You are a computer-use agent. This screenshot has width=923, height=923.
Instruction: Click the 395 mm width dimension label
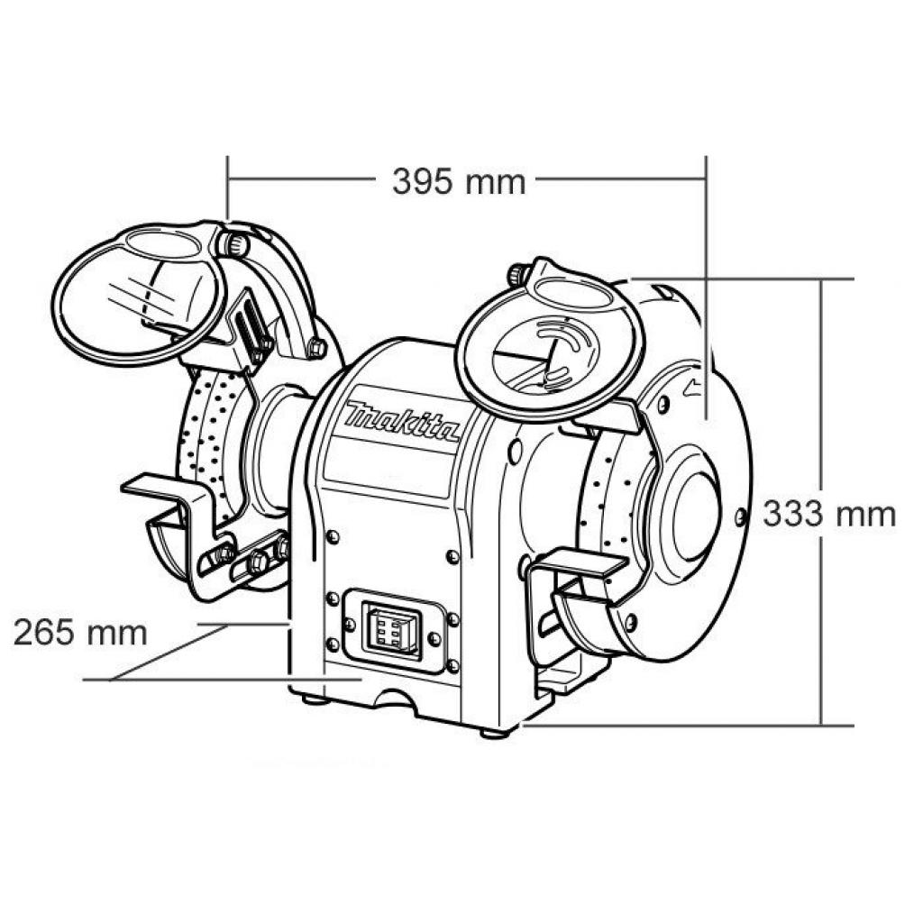(x=459, y=182)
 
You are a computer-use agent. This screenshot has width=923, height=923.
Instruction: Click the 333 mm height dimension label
(x=829, y=514)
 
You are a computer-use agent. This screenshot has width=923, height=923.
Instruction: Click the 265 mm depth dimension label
(x=80, y=632)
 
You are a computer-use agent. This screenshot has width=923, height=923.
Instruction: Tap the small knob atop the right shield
(x=519, y=272)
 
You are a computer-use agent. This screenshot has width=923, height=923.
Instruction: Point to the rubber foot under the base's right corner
(x=492, y=732)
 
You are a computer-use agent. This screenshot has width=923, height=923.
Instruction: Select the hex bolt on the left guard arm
(x=317, y=347)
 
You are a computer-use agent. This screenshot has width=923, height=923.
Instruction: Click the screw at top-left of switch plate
(x=333, y=598)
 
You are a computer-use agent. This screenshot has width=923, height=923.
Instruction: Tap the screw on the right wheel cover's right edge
(x=741, y=516)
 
